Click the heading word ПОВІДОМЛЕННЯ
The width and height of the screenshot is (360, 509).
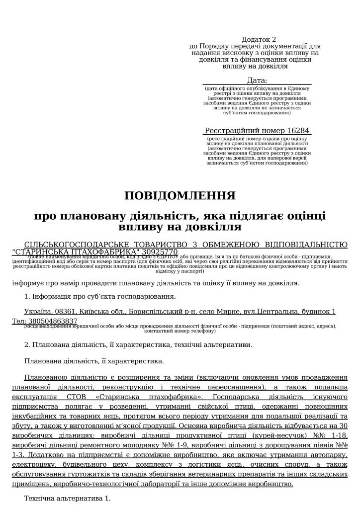tap(180, 195)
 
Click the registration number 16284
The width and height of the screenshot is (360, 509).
tap(297, 131)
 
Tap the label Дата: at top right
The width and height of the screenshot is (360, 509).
tap(257, 81)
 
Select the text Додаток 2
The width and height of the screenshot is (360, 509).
tap(258, 39)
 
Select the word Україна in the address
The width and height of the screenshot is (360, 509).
tap(38, 312)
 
